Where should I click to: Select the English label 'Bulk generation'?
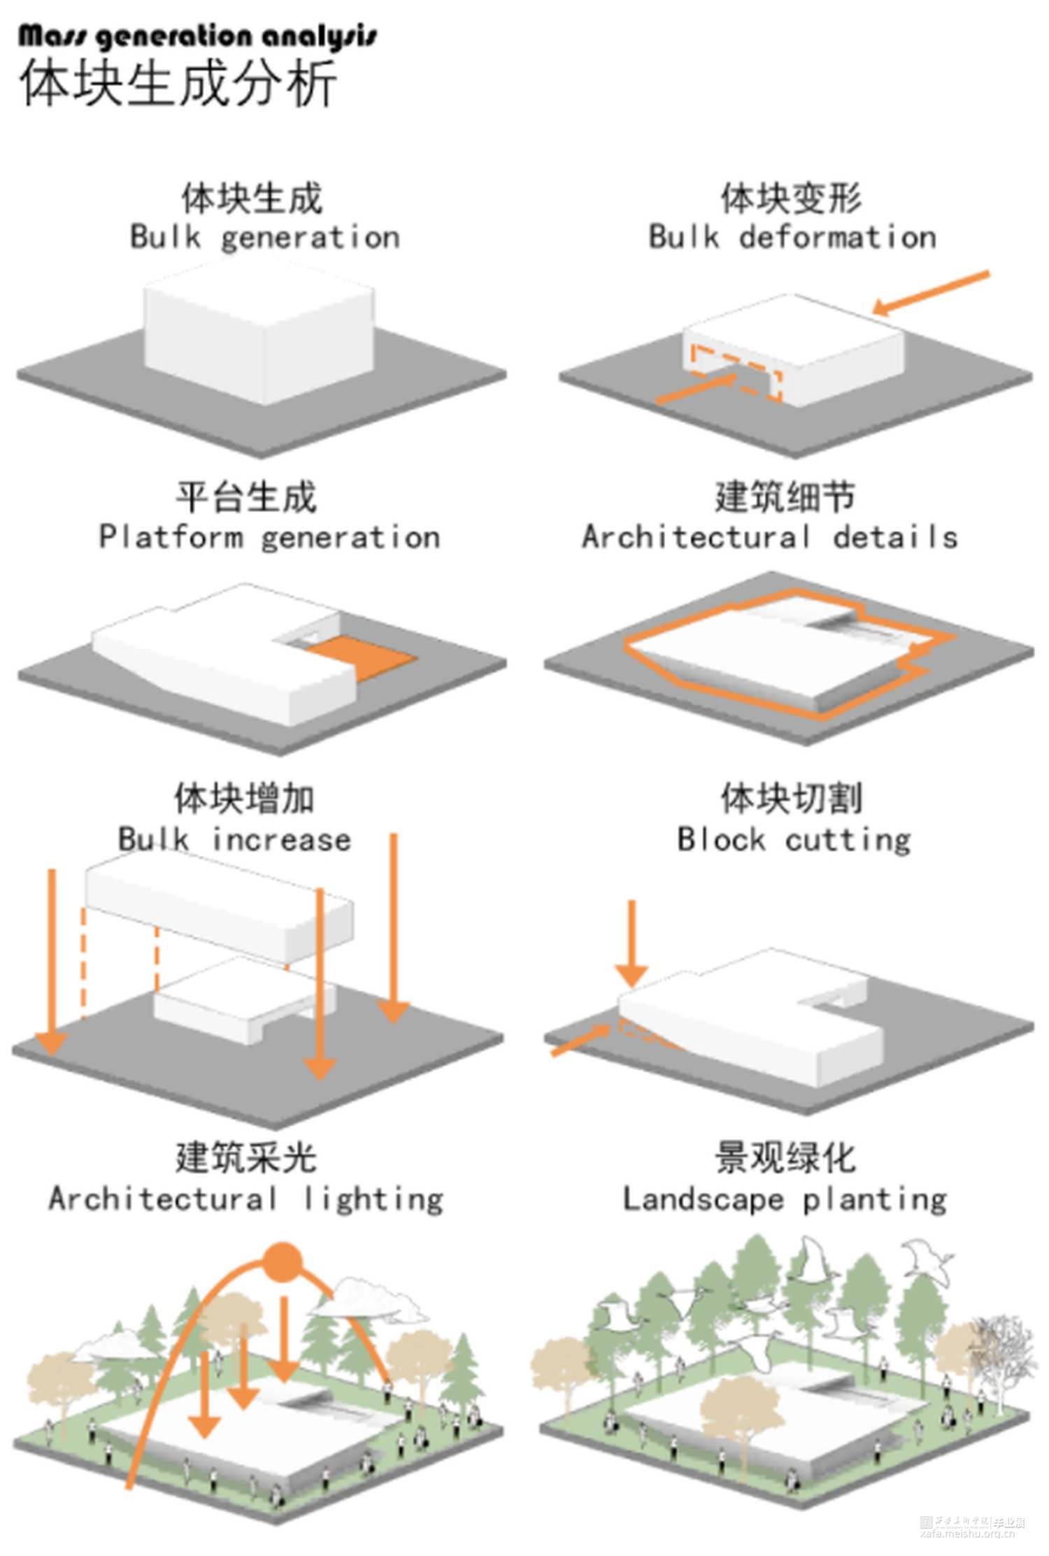264,237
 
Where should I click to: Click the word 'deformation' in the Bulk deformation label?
837,237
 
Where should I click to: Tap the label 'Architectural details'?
769,537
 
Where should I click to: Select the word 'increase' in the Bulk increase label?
281,839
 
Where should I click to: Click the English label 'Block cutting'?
794,839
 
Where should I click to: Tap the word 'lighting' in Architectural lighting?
373,1200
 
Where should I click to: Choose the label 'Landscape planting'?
785,1200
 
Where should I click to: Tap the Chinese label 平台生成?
246,498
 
